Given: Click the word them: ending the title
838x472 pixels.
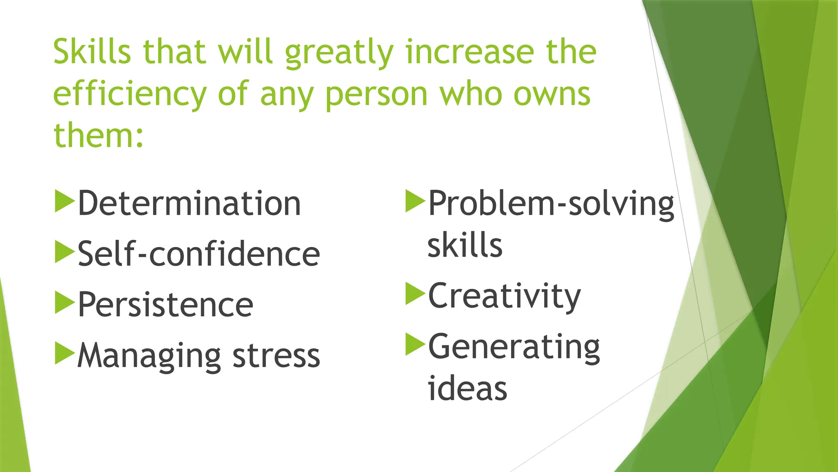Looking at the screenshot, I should click(99, 135).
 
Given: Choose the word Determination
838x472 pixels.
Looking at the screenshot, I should click(189, 203).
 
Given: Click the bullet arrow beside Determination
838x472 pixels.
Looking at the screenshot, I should click(64, 201).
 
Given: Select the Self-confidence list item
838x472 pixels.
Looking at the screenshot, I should click(198, 254).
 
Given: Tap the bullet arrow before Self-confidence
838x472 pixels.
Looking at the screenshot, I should click(64, 252).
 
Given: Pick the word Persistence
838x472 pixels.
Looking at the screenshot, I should click(165, 305).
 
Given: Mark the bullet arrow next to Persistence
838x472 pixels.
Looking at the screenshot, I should click(64, 302).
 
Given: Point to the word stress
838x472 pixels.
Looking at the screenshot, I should click(276, 356).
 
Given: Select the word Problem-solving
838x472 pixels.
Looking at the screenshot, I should click(551, 204).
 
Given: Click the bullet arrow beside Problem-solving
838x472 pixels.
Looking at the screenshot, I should click(414, 201).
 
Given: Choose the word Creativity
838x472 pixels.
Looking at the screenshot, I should click(504, 297).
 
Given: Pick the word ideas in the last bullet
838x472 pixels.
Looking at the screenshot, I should click(467, 388).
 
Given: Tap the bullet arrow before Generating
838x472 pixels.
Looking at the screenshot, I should click(414, 344).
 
